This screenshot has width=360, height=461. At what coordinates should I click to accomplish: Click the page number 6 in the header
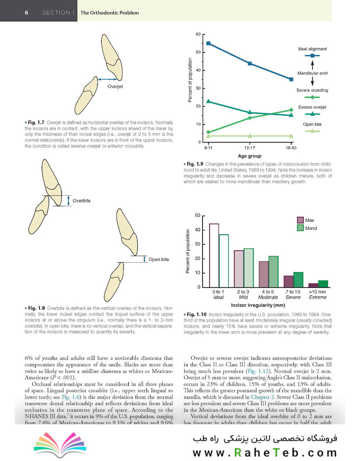(x=26, y=12)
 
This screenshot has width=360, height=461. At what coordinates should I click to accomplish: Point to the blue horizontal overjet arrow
(x=107, y=79)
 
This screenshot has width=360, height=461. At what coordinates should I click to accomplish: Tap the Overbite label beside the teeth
(x=81, y=200)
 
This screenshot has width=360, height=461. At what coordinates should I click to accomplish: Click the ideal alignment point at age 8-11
(x=208, y=43)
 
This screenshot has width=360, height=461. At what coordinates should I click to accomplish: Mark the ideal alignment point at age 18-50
(x=291, y=79)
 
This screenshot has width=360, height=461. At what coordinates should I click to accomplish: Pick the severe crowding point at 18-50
(x=291, y=110)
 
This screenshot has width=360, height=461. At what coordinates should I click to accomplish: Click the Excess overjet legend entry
(x=312, y=107)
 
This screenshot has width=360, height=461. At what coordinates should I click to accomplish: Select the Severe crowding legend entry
(x=312, y=90)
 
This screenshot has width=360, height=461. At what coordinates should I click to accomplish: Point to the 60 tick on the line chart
(x=198, y=34)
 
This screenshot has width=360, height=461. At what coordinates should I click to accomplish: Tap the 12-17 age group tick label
(x=250, y=148)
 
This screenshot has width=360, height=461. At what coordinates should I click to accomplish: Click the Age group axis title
(x=250, y=156)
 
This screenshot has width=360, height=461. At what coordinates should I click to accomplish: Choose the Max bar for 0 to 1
(x=214, y=255)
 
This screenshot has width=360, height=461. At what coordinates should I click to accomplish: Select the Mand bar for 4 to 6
(x=273, y=271)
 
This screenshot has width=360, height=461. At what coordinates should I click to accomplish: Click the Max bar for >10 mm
(x=313, y=285)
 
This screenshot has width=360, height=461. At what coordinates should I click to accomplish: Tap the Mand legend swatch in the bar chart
(x=300, y=228)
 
